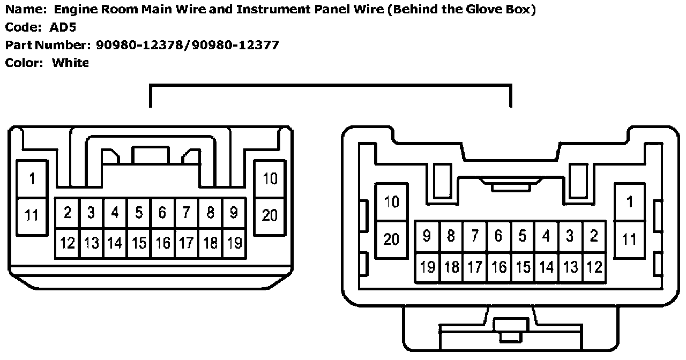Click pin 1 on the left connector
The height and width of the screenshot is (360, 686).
tap(32, 179)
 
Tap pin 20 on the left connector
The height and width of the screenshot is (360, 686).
tap(270, 215)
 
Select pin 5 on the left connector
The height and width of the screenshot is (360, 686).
tap(139, 213)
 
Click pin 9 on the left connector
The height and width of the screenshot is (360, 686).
tap(234, 213)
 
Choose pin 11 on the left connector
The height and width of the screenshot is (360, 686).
tap(32, 215)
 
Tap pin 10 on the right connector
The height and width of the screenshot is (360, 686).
tap(392, 202)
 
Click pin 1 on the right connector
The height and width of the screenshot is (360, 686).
tap(630, 202)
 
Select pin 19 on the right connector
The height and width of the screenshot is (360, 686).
tap(427, 266)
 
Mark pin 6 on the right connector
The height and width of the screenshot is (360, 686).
tap(498, 236)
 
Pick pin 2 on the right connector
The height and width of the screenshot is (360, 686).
tap(593, 236)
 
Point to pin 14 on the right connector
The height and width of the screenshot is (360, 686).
tap(546, 266)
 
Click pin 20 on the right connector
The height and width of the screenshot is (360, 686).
tap(392, 239)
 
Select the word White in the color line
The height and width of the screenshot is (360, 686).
tap(70, 63)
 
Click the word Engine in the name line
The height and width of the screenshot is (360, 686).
tap(74, 10)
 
